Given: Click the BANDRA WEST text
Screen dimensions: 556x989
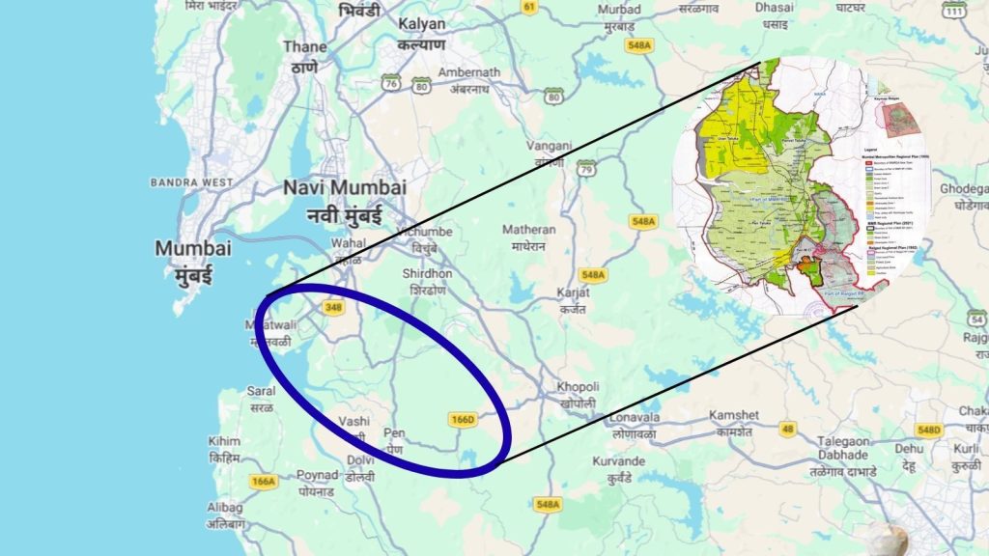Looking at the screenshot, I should tap(191, 181).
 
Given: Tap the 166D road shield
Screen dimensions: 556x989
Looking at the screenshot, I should tap(463, 420).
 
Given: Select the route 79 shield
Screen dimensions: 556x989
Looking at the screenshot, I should tap(585, 170).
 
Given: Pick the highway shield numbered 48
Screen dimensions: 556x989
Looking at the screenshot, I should tap(788, 429).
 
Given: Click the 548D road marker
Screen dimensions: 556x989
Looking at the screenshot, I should tap(928, 430).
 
